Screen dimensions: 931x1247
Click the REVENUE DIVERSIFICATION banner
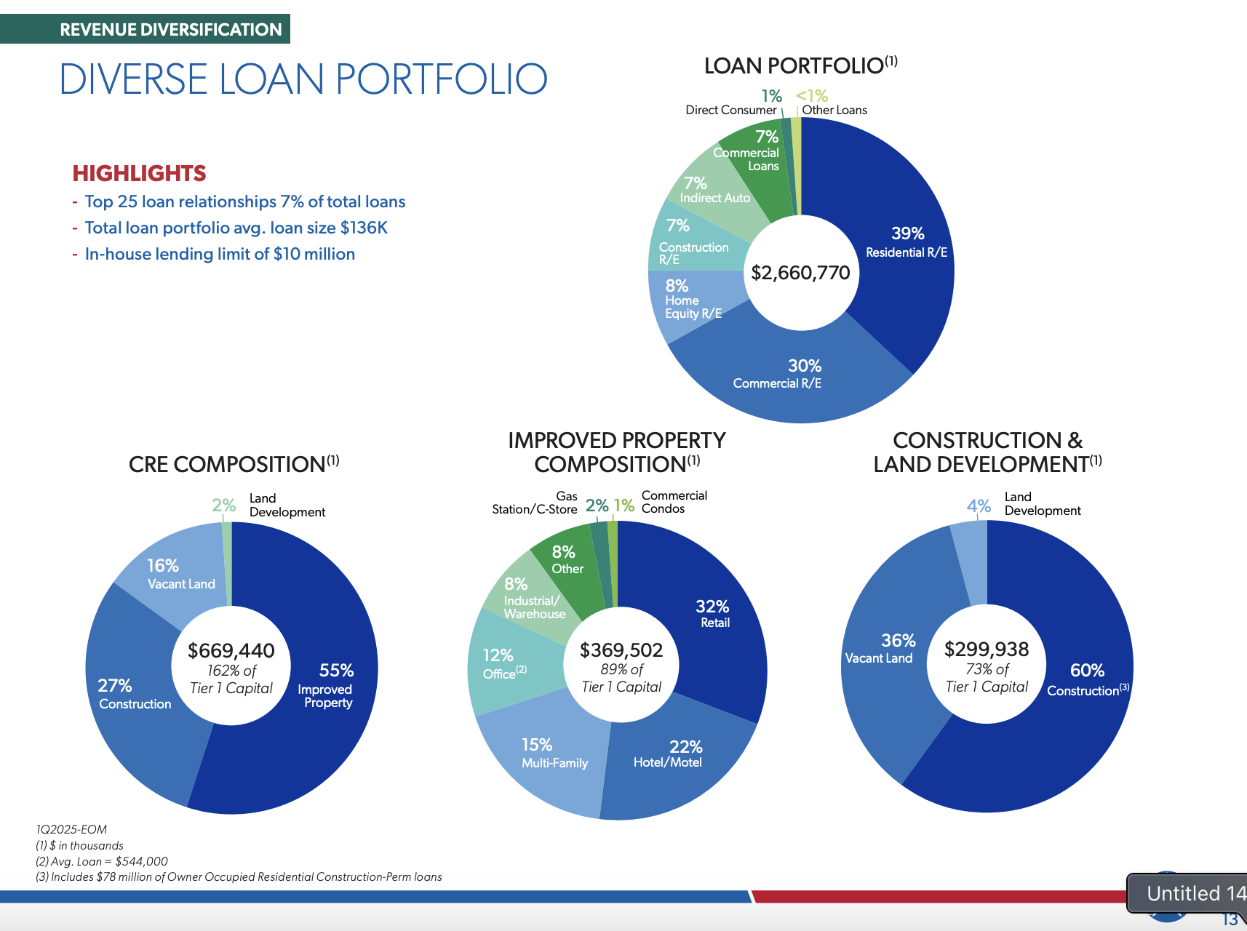(170, 30)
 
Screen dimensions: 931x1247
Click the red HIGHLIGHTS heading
(139, 173)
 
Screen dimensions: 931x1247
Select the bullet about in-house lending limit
(220, 254)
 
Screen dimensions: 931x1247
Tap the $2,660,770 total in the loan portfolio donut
(800, 273)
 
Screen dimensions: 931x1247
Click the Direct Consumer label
(730, 110)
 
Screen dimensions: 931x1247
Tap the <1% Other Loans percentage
(811, 96)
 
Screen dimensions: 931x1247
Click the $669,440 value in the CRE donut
(231, 650)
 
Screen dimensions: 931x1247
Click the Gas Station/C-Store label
(535, 503)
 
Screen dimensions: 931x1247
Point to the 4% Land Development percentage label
(979, 506)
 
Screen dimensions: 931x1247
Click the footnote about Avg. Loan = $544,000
(102, 861)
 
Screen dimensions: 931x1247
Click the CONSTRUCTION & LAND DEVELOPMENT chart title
(987, 452)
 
